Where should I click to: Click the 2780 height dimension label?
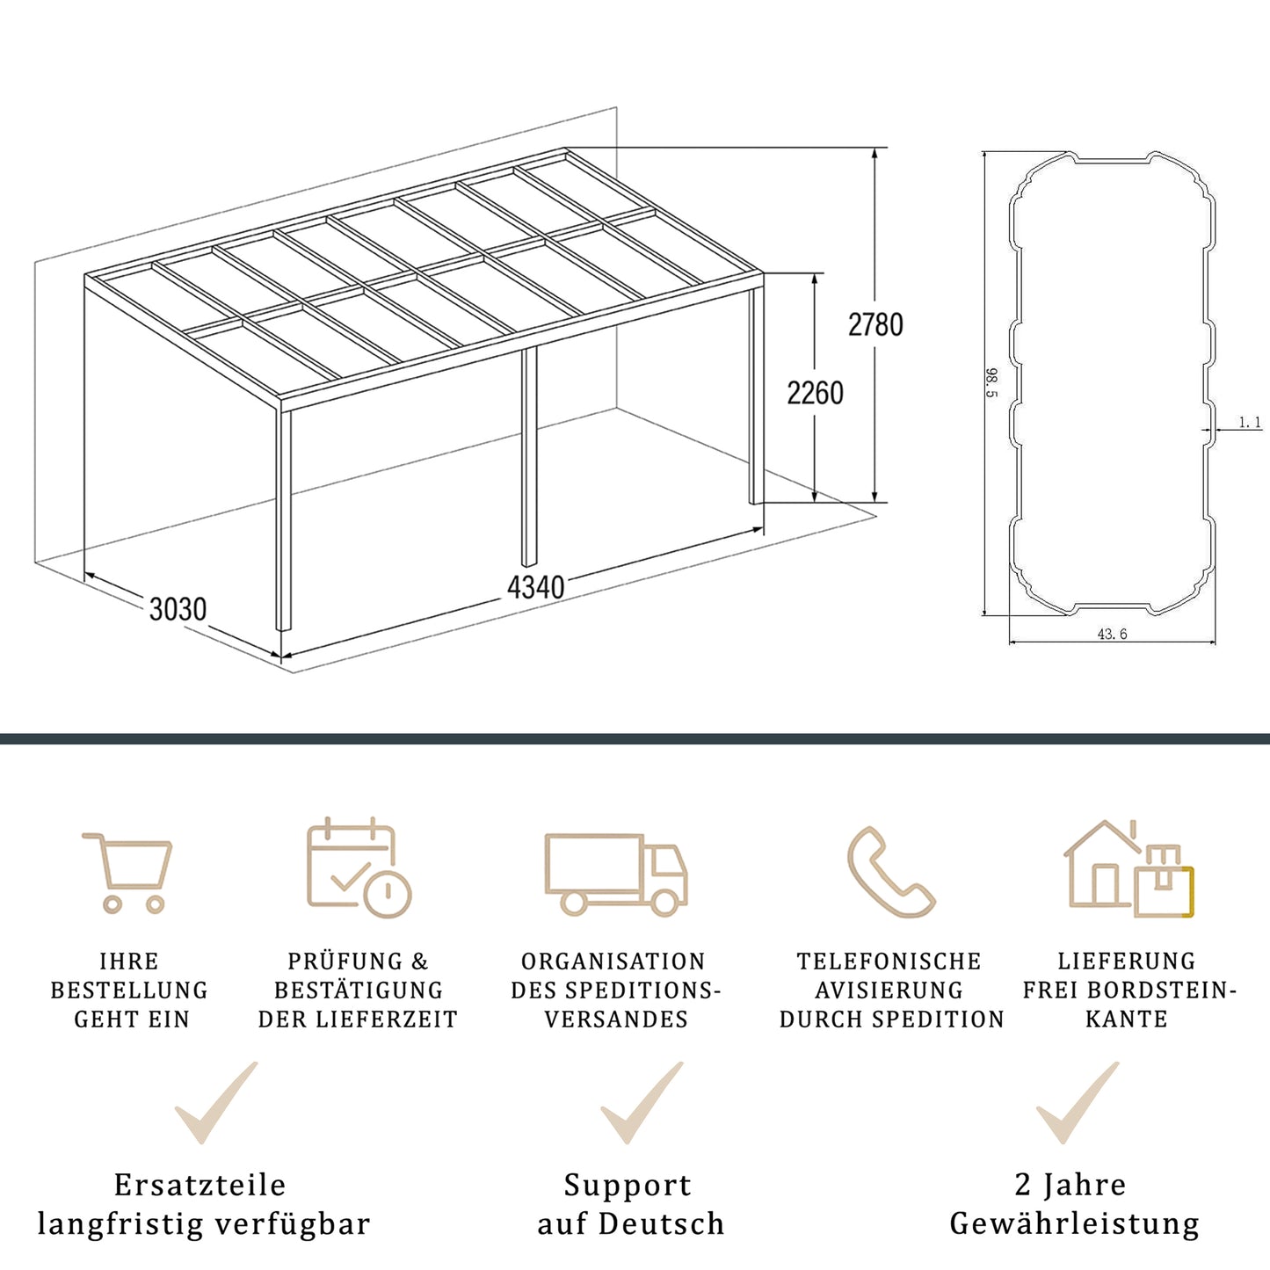click(x=875, y=325)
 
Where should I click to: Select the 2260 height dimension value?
click(x=815, y=393)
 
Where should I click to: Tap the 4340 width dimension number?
click(x=535, y=587)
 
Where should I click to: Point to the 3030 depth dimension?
click(x=178, y=609)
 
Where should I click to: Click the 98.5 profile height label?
click(x=992, y=382)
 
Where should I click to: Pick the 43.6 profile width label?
click(x=1112, y=634)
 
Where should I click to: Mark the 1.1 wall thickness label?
click(x=1250, y=423)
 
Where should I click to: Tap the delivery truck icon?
click(x=615, y=874)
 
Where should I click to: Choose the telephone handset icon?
click(x=889, y=872)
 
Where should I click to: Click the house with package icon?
click(x=1128, y=869)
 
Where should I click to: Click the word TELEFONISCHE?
click(x=889, y=962)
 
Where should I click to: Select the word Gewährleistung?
click(x=1074, y=1223)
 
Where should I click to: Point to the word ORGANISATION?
click(x=613, y=962)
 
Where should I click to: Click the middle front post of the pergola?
click(x=529, y=457)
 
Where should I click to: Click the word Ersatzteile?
click(x=200, y=1185)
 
